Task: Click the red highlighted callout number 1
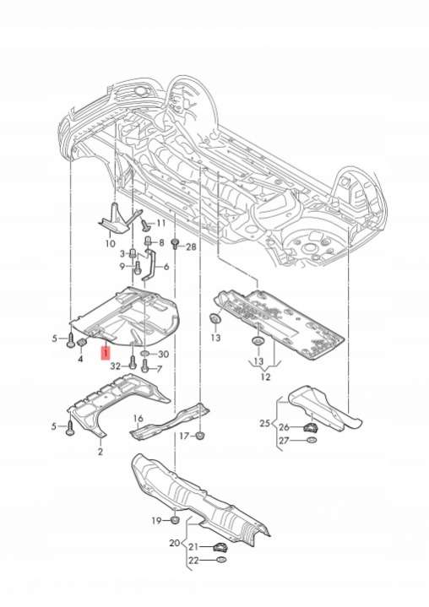[106, 353]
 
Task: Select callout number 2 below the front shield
[100, 451]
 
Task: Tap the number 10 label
[111, 243]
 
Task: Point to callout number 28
[191, 247]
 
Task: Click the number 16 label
[138, 419]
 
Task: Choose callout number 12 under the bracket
[266, 377]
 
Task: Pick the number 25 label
[265, 423]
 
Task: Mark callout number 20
[175, 543]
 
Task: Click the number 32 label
[116, 366]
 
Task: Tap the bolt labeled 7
[145, 365]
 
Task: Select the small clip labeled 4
[82, 343]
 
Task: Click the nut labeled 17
[200, 436]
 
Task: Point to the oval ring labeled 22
[220, 560]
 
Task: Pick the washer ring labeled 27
[311, 440]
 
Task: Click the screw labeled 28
[175, 244]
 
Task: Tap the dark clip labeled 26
[310, 428]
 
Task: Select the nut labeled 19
[175, 519]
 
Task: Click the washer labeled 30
[146, 354]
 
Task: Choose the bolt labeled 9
[138, 267]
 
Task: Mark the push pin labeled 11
[145, 224]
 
